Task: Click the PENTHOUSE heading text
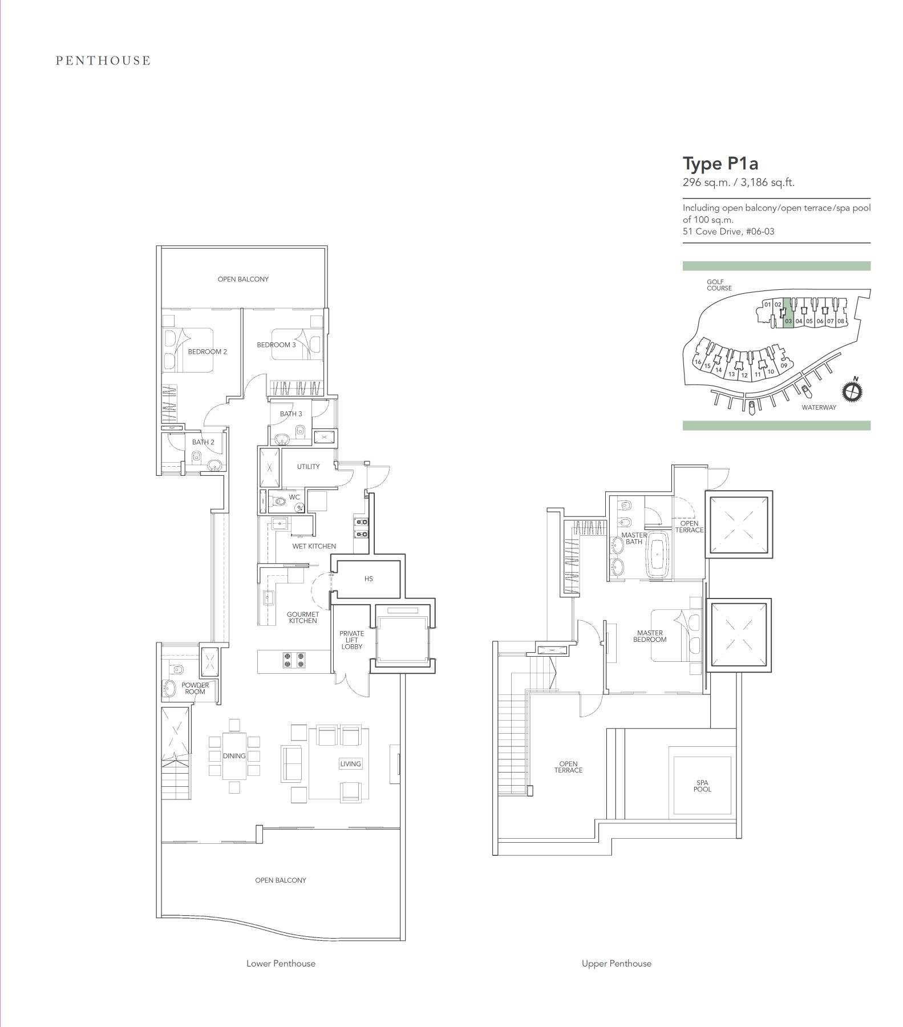click(x=103, y=60)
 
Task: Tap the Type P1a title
click(x=720, y=164)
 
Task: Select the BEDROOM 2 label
click(x=208, y=351)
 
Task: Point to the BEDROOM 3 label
click(x=276, y=345)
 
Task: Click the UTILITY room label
click(x=308, y=466)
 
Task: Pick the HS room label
click(x=369, y=579)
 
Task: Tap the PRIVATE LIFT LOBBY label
click(x=352, y=640)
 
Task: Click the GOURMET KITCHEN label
click(x=303, y=617)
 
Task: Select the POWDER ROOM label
click(x=195, y=688)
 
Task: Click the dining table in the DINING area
click(x=234, y=756)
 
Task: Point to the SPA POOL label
click(x=702, y=786)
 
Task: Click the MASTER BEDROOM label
click(x=650, y=636)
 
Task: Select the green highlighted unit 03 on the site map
click(x=788, y=313)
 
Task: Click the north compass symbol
click(x=852, y=391)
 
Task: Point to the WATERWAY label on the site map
click(x=819, y=407)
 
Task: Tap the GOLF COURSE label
click(x=719, y=285)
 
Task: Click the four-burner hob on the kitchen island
click(x=293, y=660)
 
